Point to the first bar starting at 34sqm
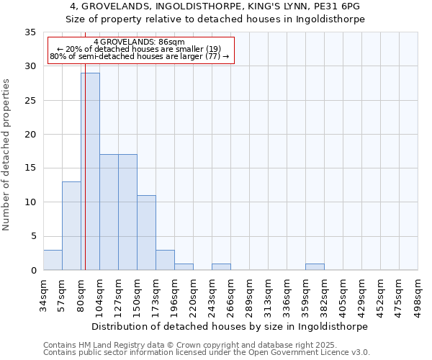pos(53,260)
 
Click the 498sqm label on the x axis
pos(418,296)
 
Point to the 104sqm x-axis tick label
pos(100,296)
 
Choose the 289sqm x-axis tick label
pos(250,296)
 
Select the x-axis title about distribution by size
pos(230,326)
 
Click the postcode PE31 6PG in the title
pos(336,6)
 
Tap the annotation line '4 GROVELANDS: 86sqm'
pos(139,42)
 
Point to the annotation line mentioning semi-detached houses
pos(139,56)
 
